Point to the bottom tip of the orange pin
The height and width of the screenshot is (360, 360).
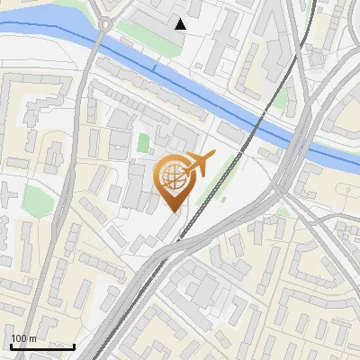172,211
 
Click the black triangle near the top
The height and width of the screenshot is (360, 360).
181,24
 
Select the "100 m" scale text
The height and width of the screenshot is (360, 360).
23,338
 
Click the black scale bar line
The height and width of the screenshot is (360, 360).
41,346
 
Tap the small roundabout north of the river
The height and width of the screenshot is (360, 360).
106,24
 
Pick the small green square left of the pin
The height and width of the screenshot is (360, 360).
142,142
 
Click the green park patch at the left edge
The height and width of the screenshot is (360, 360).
34,196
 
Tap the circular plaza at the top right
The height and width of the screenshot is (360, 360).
317,58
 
